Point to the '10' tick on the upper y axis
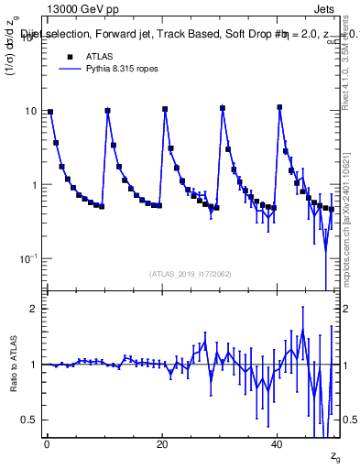coord(31,111)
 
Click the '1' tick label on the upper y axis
coord(34,185)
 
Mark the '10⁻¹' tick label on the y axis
coord(29,259)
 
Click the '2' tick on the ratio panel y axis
coord(34,309)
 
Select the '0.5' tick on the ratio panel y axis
coord(29,420)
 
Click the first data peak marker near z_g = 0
coord(49,112)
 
